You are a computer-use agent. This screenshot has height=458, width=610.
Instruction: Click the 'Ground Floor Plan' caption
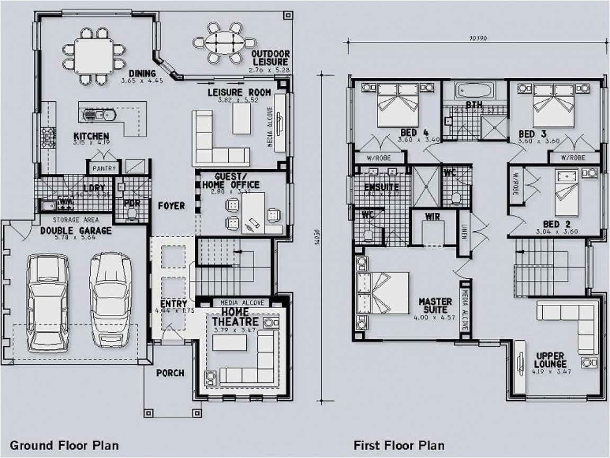64,444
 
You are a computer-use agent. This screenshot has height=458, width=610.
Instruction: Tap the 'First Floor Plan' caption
399,444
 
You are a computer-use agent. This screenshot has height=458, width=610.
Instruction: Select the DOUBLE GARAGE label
76,231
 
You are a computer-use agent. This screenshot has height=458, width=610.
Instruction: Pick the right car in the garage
110,298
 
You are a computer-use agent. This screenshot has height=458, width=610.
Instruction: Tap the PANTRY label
104,168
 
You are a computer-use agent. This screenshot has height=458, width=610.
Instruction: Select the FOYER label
171,205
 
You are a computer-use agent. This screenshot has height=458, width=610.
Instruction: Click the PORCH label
171,373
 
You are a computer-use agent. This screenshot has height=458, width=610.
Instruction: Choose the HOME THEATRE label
236,317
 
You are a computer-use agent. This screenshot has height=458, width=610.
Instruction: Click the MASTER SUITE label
435,305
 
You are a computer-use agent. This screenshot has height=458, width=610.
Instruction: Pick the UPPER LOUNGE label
551,360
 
